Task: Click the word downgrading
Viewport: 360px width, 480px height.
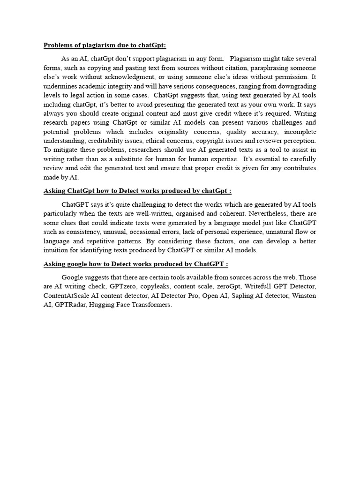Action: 297,86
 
